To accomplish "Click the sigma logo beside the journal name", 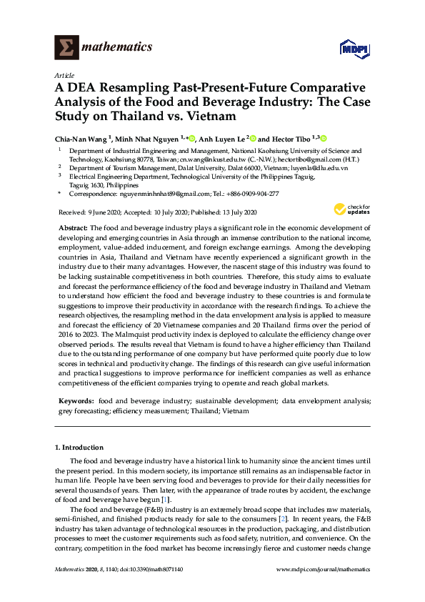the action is coord(66,47).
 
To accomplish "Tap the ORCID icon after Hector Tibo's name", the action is coord(322,138).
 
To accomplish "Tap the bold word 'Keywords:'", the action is coord(75,402).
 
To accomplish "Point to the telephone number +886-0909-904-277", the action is coord(254,194).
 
